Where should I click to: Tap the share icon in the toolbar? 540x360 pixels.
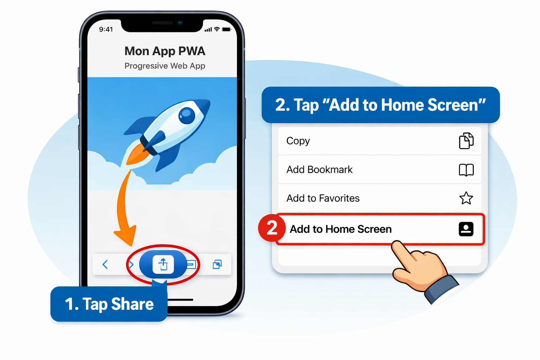coord(163,264)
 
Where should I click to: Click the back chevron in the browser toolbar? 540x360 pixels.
coord(105,264)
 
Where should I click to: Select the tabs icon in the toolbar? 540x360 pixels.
coord(217,264)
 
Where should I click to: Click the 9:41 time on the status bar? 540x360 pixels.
coord(106,30)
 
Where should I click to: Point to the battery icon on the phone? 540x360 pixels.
coord(227,30)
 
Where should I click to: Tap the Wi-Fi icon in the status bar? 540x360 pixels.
coord(217,29)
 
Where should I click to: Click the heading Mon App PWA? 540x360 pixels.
coord(165,51)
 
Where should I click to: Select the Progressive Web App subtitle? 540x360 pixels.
coord(165,66)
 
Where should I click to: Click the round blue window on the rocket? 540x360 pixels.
coord(187,116)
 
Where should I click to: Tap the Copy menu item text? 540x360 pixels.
coord(298,141)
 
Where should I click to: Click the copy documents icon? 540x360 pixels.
coord(466,141)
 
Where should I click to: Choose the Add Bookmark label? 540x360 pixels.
coord(320,169)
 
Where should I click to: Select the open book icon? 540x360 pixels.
coord(466,170)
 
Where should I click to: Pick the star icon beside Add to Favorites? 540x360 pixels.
coord(466,198)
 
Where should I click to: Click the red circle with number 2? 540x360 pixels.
coord(272,228)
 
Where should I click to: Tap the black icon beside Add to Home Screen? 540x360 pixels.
coord(466,229)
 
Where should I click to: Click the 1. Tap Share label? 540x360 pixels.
coord(109,304)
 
